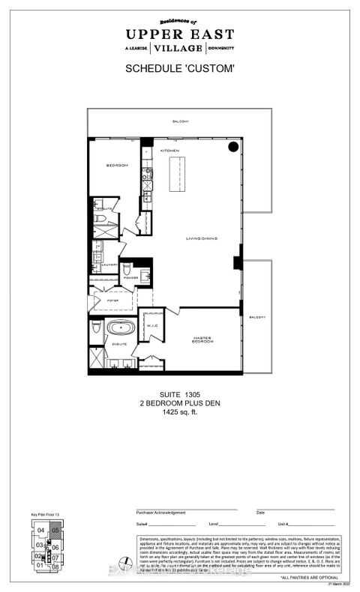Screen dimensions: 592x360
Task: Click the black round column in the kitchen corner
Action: click(x=233, y=147)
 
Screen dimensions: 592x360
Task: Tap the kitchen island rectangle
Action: click(x=177, y=175)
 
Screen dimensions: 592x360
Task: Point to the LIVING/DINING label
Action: click(x=202, y=240)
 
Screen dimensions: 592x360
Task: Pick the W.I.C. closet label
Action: click(x=150, y=326)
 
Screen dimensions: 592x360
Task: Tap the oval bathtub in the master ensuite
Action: click(x=117, y=327)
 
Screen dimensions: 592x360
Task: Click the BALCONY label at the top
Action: click(x=178, y=121)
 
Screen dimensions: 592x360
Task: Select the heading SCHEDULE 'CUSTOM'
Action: click(x=179, y=69)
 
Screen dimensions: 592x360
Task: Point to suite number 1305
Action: click(x=180, y=396)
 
